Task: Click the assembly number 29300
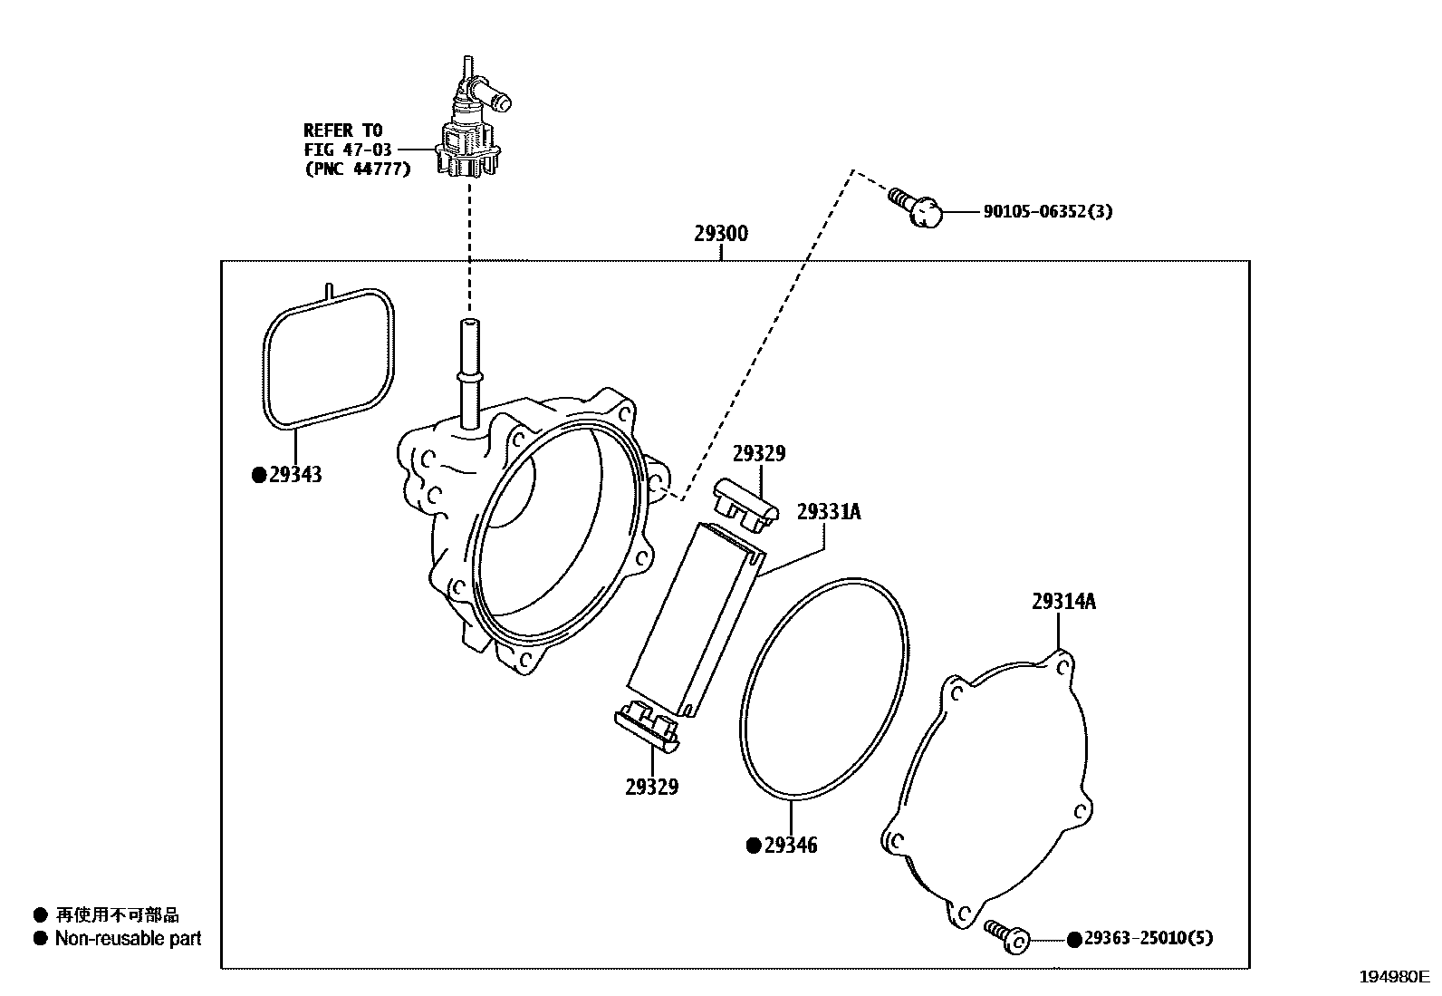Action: [721, 234]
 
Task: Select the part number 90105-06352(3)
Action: [1048, 212]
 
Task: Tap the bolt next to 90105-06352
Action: [916, 207]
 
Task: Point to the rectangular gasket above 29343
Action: [329, 359]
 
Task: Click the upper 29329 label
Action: [758, 454]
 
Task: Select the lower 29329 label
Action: [651, 787]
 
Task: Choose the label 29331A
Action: [829, 512]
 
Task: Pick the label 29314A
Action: [1063, 601]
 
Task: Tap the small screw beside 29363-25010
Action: [1007, 935]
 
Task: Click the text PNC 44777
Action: [357, 169]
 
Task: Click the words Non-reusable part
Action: [128, 939]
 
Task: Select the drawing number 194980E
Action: [1392, 977]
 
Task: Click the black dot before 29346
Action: [753, 846]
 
